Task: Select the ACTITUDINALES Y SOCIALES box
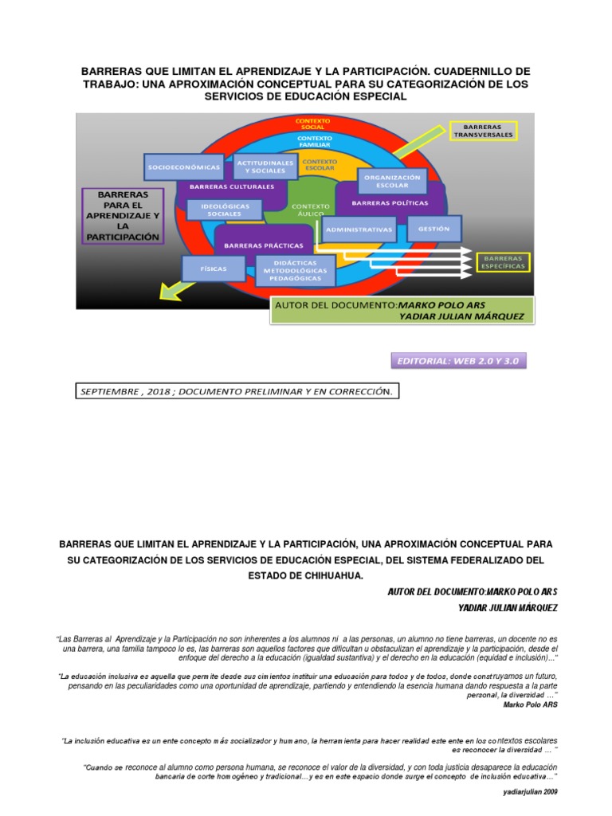tap(265, 166)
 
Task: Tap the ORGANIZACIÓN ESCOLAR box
tap(391, 182)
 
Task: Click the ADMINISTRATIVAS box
tap(359, 229)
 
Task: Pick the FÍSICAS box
tap(213, 269)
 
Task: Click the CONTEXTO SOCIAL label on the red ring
tap(312, 123)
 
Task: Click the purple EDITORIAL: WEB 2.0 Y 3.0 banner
tap(459, 362)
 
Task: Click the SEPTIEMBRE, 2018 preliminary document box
tap(237, 391)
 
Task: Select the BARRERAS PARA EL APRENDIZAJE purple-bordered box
tap(123, 215)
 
